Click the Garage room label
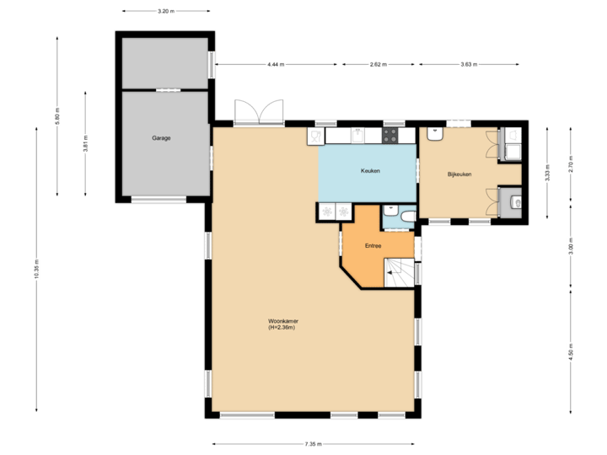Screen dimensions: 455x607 (x=161, y=137)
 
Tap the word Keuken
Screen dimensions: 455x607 (x=370, y=171)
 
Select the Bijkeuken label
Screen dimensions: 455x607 (x=459, y=174)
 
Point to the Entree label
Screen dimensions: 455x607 (x=373, y=245)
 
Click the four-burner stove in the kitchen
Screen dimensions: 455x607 (x=392, y=135)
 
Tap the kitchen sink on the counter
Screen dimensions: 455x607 (x=358, y=135)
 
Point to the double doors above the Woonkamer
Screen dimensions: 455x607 (x=259, y=112)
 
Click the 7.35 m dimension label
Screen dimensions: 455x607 (x=312, y=444)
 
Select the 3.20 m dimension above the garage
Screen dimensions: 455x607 (x=166, y=11)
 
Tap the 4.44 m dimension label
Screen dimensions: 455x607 (x=275, y=64)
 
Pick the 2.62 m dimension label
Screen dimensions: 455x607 (x=378, y=64)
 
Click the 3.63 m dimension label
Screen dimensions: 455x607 (x=470, y=64)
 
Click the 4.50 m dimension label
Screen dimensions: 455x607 (x=571, y=351)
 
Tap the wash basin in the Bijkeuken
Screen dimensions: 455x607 (x=436, y=132)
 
